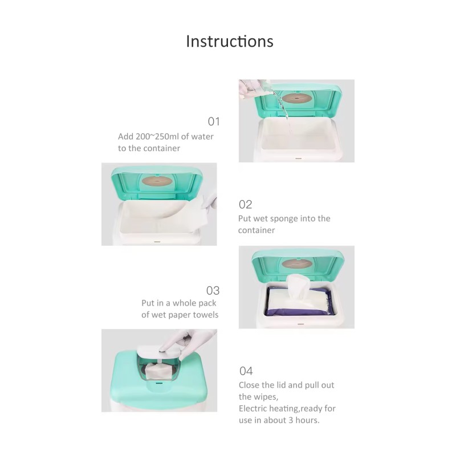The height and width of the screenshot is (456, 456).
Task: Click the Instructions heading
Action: [x=230, y=42]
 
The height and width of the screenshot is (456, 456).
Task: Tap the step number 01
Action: [x=213, y=121]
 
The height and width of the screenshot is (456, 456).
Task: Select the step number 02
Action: [x=245, y=205]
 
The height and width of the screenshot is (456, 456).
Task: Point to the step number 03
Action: [x=213, y=290]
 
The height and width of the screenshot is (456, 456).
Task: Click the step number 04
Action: [x=246, y=372]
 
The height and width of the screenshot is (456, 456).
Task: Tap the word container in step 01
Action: [x=157, y=148]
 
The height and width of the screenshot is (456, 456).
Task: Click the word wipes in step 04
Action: [x=266, y=397]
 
